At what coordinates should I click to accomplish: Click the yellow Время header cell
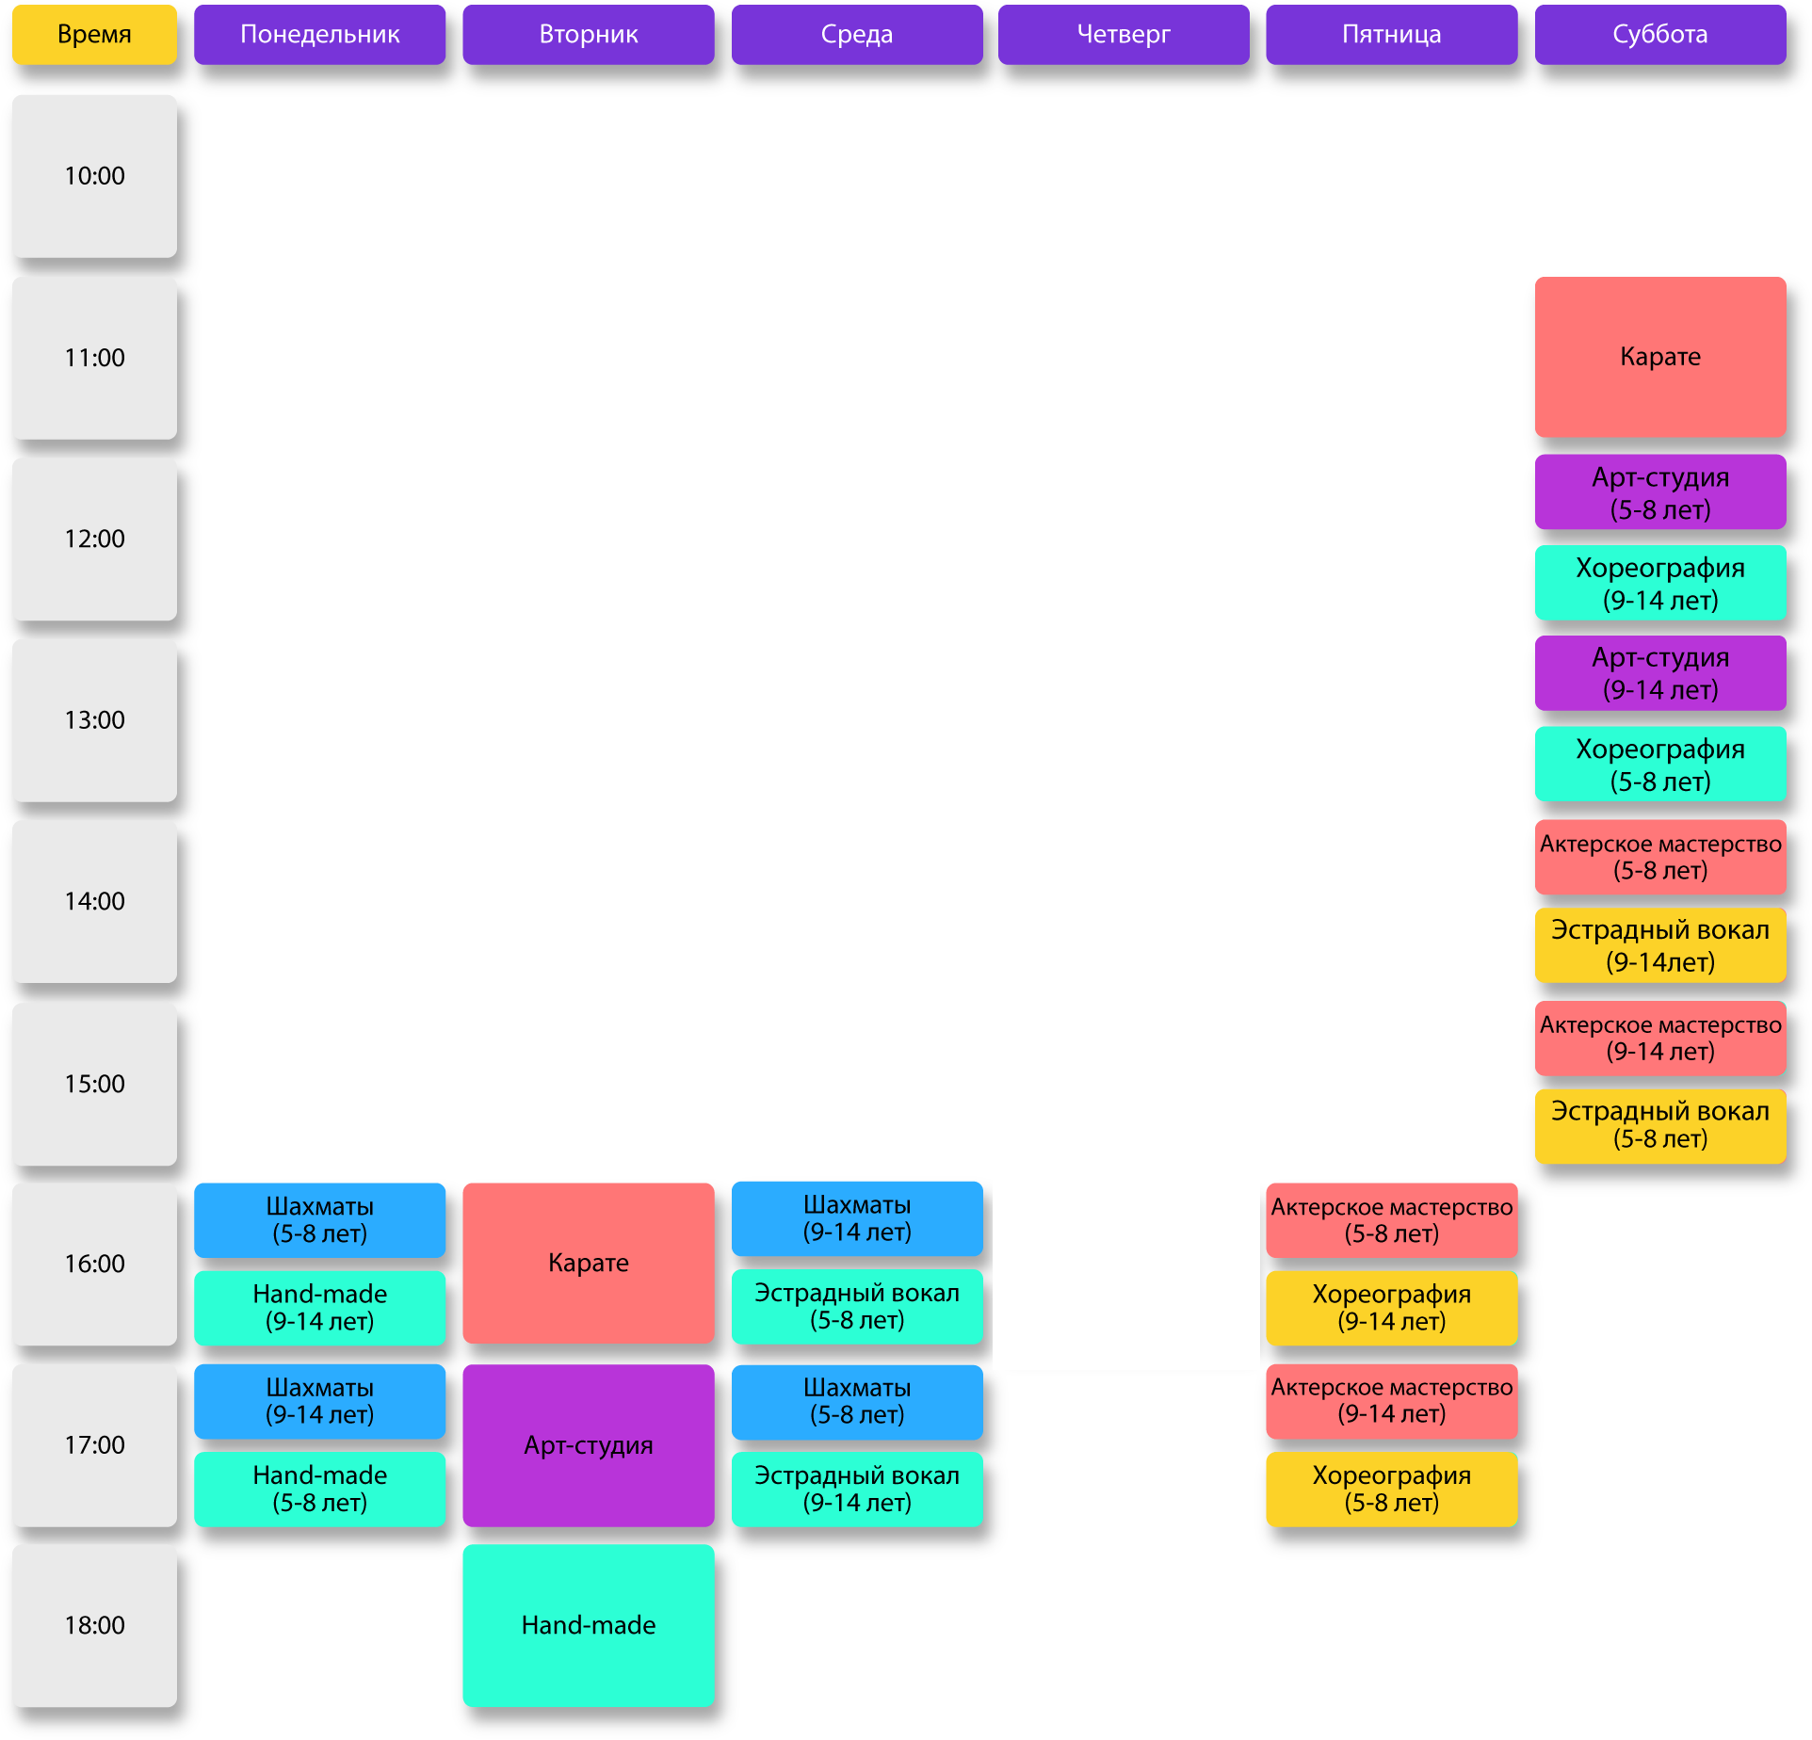coord(94,35)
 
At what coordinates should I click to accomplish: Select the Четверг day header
coord(1124,35)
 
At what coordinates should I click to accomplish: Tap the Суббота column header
coord(1659,35)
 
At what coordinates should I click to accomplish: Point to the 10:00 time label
coord(94,176)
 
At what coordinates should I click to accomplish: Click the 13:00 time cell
coord(94,720)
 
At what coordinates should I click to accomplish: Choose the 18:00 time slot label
coord(94,1625)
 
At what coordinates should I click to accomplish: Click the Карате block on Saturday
coord(1659,357)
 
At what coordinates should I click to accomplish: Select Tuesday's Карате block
coord(589,1263)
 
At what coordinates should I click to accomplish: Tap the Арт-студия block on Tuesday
coord(589,1445)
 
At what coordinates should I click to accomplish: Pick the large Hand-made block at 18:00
coord(589,1625)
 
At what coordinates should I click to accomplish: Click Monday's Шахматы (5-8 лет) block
coord(320,1220)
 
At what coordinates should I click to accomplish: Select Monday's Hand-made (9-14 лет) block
coord(320,1308)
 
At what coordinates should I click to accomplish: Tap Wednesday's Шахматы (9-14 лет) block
coord(857,1218)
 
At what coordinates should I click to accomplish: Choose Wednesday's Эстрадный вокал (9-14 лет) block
coord(857,1489)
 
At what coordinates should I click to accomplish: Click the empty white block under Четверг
coord(1126,1274)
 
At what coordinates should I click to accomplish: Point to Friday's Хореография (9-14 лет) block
coord(1391,1308)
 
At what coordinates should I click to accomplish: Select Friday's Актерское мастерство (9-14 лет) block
coord(1391,1400)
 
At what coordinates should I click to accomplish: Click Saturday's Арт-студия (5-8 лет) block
coord(1659,492)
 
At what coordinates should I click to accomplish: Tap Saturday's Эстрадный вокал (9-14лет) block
coord(1659,945)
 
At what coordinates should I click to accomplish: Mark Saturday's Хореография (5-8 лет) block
coord(1659,764)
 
